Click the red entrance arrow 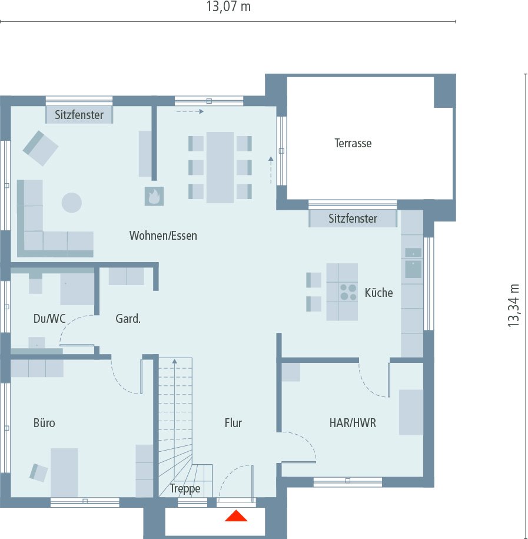236,517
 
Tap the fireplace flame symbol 154,196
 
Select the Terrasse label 353,143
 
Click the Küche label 378,293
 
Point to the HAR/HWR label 353,423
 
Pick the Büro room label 44,423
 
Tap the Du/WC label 49,319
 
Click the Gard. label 128,319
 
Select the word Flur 233,423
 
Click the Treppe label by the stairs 185,489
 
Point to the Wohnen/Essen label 163,236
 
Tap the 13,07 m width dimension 228,8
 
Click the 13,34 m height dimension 514,305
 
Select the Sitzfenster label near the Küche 353,219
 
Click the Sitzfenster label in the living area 79,115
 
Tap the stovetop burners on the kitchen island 348,292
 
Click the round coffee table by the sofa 72,203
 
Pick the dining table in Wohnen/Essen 220,167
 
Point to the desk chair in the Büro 39,472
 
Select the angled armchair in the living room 41,147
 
